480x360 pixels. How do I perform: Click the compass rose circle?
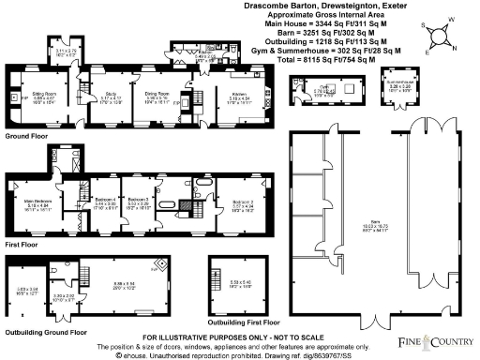(x=436, y=36)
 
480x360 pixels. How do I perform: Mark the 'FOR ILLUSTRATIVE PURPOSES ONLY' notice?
(x=237, y=336)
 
